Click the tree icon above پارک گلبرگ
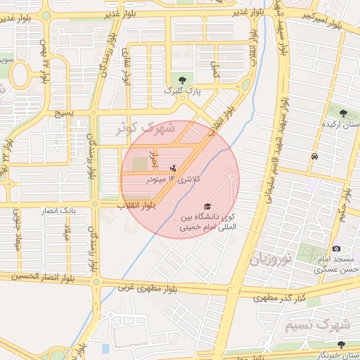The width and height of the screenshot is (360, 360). tap(183, 79)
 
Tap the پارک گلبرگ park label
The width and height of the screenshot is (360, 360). tap(183, 91)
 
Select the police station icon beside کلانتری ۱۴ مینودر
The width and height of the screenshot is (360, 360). tap(174, 168)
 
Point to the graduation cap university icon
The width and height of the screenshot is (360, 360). tap(207, 205)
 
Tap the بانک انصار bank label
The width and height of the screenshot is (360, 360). tap(78, 210)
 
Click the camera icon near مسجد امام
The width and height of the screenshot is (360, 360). tap(337, 248)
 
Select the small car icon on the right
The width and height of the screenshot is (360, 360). tap(314, 155)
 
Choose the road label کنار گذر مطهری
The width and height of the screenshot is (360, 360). tap(281, 298)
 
